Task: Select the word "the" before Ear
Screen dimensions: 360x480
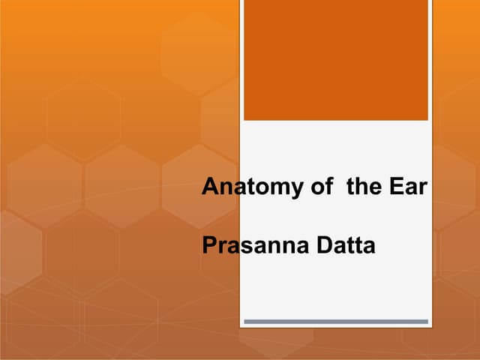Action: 364,187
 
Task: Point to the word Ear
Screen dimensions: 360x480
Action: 408,187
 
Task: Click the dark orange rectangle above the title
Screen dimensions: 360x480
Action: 336,60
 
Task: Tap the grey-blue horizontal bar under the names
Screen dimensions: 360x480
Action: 336,321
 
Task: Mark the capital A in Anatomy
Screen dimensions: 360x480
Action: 210,187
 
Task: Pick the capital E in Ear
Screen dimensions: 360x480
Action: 395,187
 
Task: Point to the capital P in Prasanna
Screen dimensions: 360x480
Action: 208,245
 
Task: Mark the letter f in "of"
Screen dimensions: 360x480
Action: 328,187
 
